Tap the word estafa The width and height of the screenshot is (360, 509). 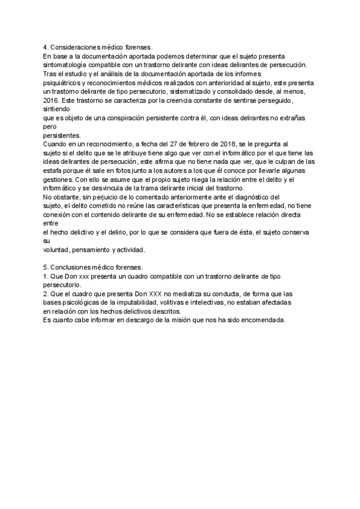click(x=53, y=170)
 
